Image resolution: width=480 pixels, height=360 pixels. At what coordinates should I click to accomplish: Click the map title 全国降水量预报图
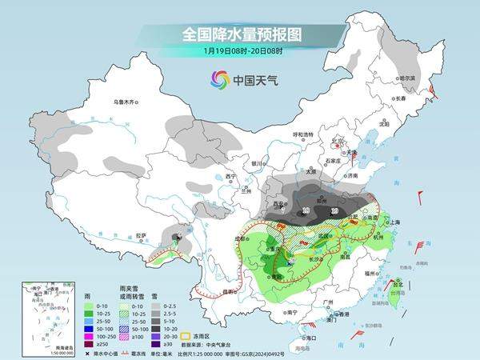click(x=239, y=35)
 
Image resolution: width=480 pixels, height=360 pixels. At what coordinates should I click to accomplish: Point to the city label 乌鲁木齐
click(x=126, y=102)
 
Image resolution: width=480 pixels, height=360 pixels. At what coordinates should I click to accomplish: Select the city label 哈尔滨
click(x=409, y=78)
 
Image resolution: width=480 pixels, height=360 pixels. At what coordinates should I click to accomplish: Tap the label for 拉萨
click(x=141, y=235)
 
